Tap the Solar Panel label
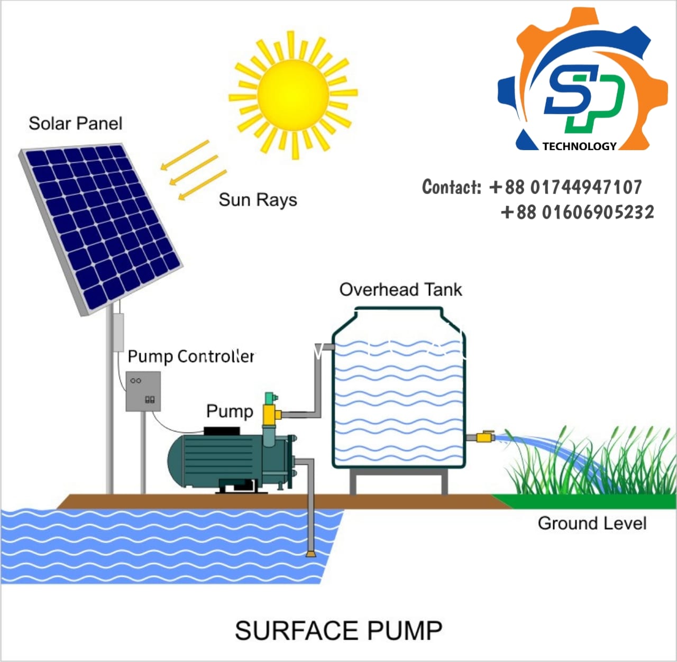tap(75, 124)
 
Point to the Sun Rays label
tap(258, 200)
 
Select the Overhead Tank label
tap(400, 290)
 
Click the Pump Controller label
tap(191, 356)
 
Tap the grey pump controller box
tap(143, 391)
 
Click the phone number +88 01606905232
tap(577, 213)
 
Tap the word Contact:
tap(452, 187)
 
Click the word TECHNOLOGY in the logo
tap(579, 146)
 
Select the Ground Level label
tap(592, 523)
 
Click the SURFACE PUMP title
tap(338, 631)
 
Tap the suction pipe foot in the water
tap(310, 553)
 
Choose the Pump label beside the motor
tap(230, 411)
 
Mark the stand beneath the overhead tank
tap(398, 481)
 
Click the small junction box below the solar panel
tap(118, 332)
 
